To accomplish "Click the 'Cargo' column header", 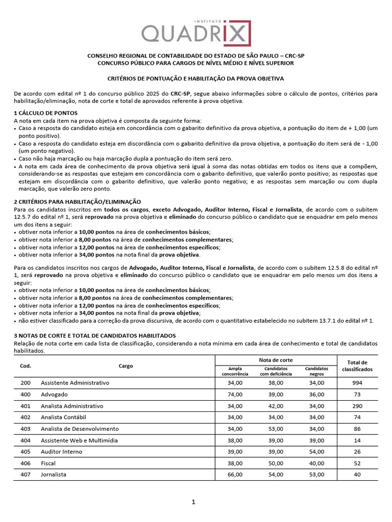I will pos(126,366).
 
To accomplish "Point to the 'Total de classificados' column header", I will pos(357,366).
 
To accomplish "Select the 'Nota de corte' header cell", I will pos(276,360).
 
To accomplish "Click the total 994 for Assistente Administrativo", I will pos(357,383).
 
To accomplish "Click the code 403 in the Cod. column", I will pos(26,429).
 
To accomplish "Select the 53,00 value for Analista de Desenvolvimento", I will pos(276,429).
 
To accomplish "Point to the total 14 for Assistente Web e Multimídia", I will pos(357,440).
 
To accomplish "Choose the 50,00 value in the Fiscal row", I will pos(276,463).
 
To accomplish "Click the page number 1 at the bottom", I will pos(193,502).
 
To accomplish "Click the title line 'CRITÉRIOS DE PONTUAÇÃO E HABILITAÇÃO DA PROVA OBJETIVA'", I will pos(195,79).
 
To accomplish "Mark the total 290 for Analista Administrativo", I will pos(357,406).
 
